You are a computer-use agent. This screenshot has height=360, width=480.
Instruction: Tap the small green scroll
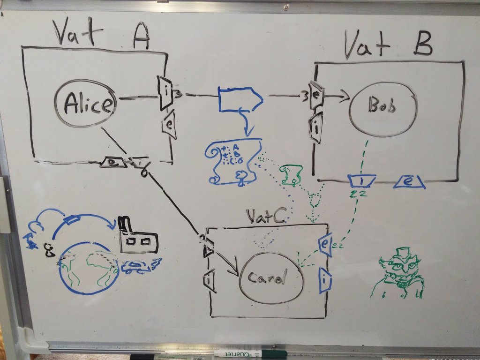coord(292,173)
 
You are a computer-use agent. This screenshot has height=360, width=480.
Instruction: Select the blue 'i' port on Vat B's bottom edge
coord(361,180)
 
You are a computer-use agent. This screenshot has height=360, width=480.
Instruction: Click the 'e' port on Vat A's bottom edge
coord(112,162)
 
